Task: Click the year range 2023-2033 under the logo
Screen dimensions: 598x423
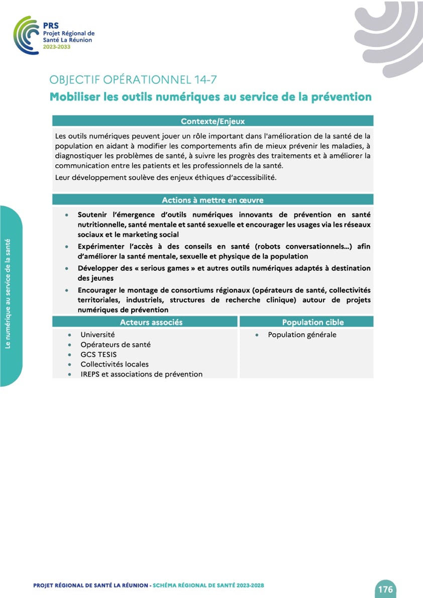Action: [x=57, y=47]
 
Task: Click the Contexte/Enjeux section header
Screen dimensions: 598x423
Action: [x=213, y=121]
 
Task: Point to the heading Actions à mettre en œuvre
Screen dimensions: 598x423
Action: [x=213, y=200]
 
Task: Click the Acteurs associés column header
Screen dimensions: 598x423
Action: [x=151, y=322]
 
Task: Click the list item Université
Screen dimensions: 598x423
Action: [x=97, y=335]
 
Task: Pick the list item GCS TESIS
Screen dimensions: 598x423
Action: [x=98, y=354]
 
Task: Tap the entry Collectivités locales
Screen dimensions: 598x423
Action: [x=115, y=364]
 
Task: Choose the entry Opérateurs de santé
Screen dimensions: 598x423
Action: [x=116, y=345]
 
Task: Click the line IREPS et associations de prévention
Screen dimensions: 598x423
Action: [x=141, y=374]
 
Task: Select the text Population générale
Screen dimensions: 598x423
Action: [x=302, y=335]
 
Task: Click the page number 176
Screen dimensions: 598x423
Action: [x=385, y=589]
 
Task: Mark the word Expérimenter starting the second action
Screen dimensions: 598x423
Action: [x=103, y=247]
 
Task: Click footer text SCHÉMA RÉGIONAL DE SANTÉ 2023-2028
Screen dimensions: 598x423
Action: [x=208, y=586]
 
